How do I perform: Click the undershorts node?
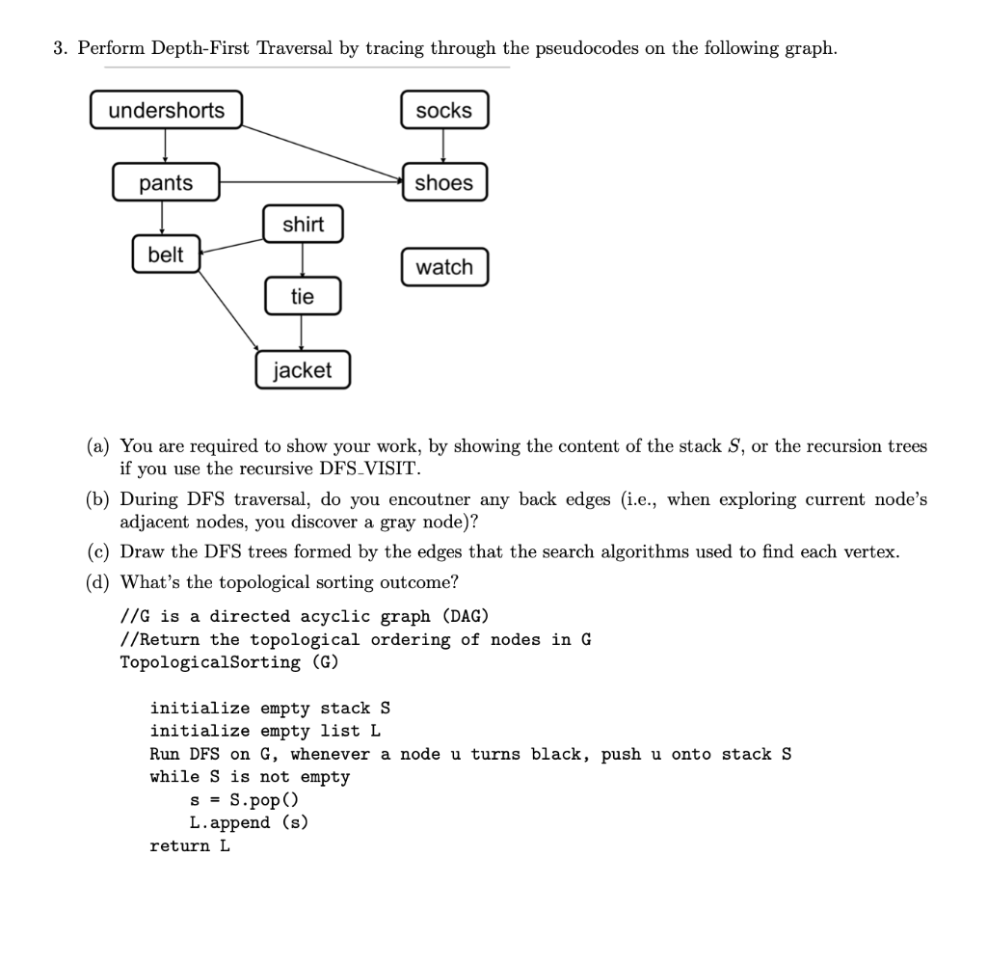pos(166,110)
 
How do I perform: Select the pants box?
pos(166,182)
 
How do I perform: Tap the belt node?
pos(166,254)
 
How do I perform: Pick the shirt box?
pos(303,224)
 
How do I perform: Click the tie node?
pos(303,296)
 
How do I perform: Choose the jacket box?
pos(303,369)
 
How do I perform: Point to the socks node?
pos(444,110)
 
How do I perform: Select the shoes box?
pos(444,182)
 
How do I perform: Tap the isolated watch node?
pos(444,267)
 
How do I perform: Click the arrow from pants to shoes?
pos(311,182)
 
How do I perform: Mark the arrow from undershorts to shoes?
pos(322,153)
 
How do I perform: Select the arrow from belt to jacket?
pos(228,310)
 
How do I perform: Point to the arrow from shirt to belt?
pos(231,246)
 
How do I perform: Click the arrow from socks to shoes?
pos(443,146)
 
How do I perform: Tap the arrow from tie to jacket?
pos(302,333)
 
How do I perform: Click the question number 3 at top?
pos(60,48)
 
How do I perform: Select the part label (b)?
pos(97,499)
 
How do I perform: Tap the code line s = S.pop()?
pos(244,800)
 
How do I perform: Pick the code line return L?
pos(190,845)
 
